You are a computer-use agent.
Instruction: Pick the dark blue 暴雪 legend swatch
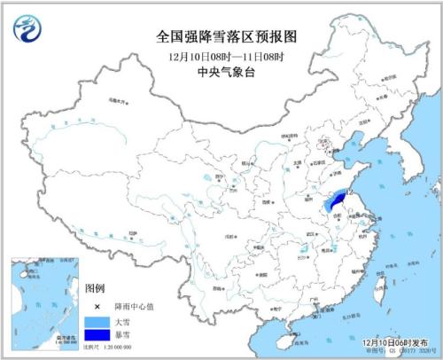pyautogui.click(x=98, y=334)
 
